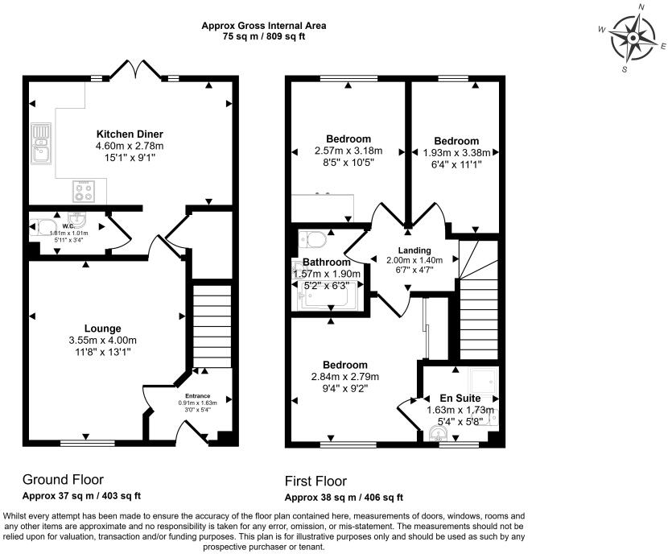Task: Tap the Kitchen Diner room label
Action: coord(130,134)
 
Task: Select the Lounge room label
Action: coord(103,328)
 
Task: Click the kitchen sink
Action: coord(40,141)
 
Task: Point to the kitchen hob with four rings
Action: coord(83,190)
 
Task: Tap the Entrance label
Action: coord(198,395)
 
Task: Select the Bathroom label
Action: coord(326,263)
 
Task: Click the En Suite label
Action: coord(460,398)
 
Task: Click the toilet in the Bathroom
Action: coord(313,240)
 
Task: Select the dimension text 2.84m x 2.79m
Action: coord(346,377)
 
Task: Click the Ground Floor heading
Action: coord(63,480)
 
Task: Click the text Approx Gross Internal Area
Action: coord(263,26)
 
